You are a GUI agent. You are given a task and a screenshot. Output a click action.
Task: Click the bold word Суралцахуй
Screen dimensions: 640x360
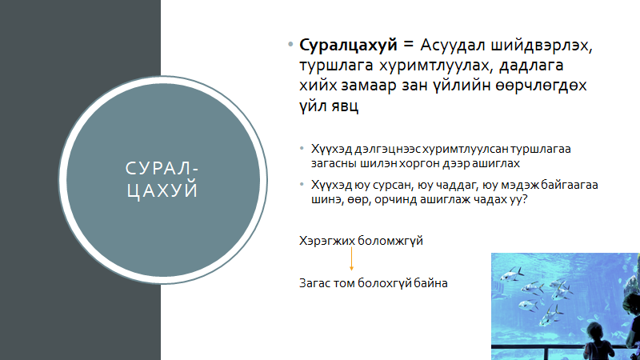348,46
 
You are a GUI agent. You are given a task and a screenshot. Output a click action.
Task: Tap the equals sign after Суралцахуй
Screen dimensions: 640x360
408,45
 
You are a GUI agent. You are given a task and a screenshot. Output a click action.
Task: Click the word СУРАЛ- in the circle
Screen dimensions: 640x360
162,169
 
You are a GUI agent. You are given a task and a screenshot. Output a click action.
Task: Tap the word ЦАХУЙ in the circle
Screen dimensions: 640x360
162,190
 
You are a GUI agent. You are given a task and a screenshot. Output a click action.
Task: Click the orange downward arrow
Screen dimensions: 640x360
351,258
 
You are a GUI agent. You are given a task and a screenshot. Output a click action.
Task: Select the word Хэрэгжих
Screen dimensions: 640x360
327,241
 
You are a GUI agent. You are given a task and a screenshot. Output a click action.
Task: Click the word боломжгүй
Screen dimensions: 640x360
390,241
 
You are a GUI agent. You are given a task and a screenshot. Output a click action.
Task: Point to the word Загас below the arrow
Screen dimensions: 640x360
314,283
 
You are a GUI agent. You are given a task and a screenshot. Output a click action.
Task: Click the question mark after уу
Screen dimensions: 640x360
525,199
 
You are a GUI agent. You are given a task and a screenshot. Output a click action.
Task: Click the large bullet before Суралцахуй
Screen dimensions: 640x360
290,45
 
